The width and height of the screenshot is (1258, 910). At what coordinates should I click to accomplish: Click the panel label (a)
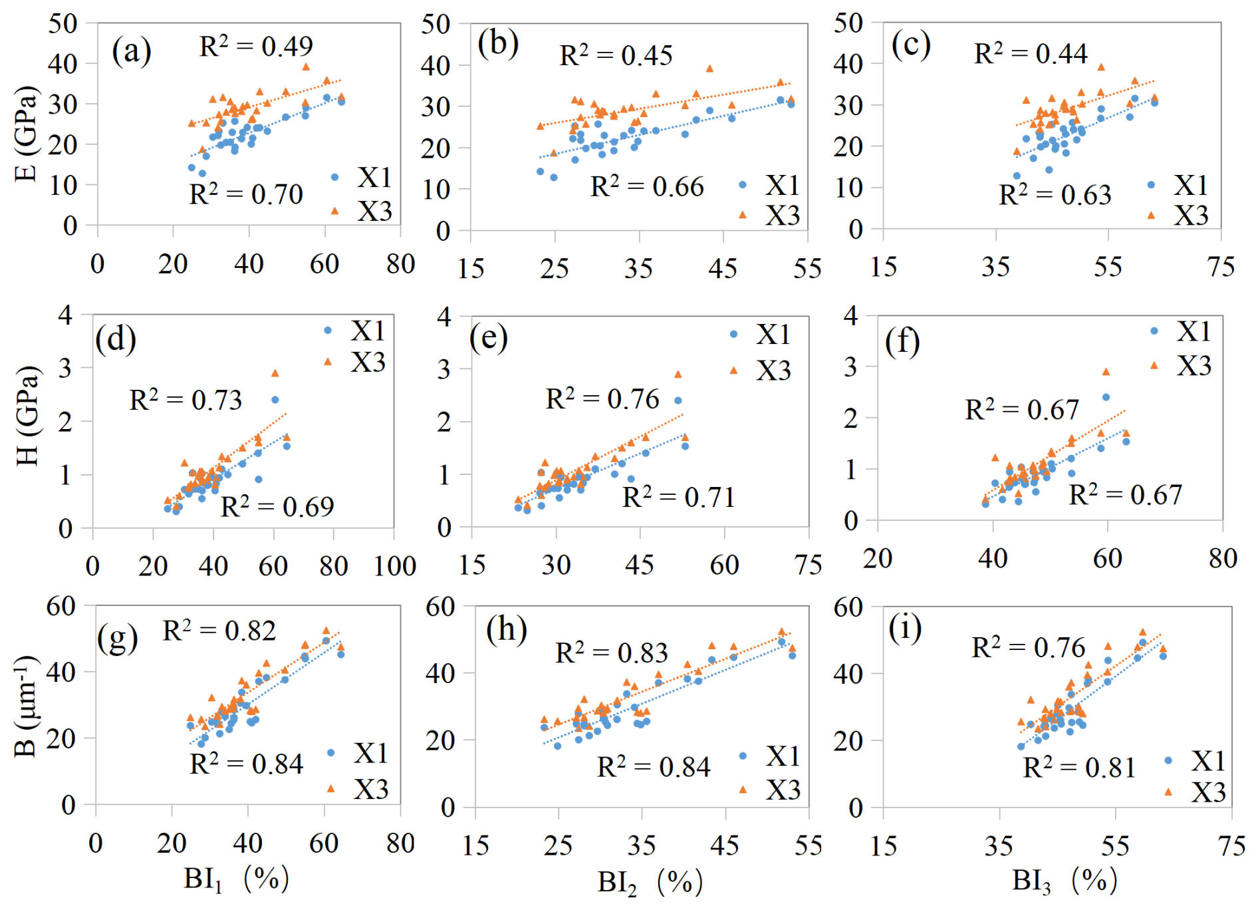pyautogui.click(x=131, y=51)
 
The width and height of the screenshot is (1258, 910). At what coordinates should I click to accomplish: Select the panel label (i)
pyautogui.click(x=905, y=628)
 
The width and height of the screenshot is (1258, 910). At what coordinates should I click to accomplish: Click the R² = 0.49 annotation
pyautogui.click(x=256, y=46)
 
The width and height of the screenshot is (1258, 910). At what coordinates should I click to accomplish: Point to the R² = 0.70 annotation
pyautogui.click(x=245, y=194)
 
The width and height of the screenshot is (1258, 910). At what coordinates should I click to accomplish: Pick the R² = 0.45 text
pyautogui.click(x=616, y=55)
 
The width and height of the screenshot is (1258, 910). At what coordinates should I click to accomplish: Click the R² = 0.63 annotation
pyautogui.click(x=1055, y=194)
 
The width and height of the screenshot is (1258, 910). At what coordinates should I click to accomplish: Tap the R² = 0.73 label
pyautogui.click(x=186, y=400)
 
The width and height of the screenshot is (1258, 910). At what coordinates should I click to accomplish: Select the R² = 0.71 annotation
pyautogui.click(x=678, y=497)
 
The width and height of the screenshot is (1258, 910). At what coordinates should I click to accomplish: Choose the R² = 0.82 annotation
pyautogui.click(x=219, y=630)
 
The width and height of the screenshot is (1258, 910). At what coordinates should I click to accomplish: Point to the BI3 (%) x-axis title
pyautogui.click(x=1064, y=881)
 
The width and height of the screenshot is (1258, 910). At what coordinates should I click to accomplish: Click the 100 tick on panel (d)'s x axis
pyautogui.click(x=394, y=566)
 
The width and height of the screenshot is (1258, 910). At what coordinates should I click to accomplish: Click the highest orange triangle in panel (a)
pyautogui.click(x=306, y=67)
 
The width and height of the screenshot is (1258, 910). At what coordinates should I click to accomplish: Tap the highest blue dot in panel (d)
pyautogui.click(x=275, y=400)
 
